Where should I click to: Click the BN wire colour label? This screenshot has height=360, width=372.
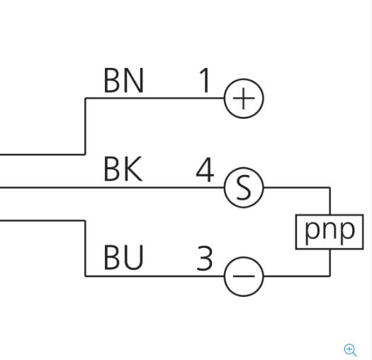[x=123, y=80]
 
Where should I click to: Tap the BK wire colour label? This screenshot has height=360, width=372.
[x=123, y=169]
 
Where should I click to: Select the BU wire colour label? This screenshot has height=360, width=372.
[x=123, y=257]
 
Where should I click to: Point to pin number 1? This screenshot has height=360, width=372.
[x=205, y=80]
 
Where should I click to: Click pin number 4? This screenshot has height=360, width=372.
[x=205, y=169]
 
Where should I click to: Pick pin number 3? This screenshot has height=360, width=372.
[x=205, y=258]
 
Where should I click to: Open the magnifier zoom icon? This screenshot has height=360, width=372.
[x=350, y=350]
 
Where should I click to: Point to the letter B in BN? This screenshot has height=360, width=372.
[x=111, y=80]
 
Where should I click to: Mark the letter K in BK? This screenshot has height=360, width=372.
[x=133, y=169]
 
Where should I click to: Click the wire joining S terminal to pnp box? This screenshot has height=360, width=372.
[x=329, y=188]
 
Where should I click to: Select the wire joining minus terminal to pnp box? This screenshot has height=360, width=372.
[x=329, y=276]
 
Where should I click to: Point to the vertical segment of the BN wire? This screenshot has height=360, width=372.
[x=85, y=126]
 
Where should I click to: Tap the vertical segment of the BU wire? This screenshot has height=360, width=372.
[x=85, y=248]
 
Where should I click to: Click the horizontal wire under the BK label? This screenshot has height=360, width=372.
[x=112, y=188]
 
